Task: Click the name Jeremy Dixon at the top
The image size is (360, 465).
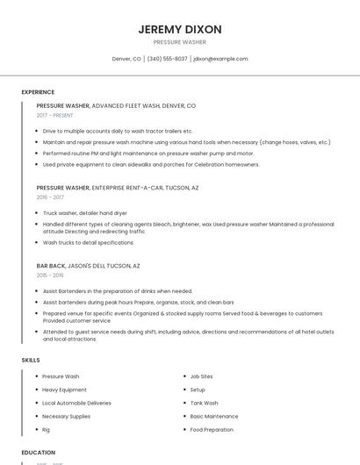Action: tap(179, 29)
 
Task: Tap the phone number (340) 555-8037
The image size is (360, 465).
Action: tap(167, 59)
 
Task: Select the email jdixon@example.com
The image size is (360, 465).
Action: tap(220, 59)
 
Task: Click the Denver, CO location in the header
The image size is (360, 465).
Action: tap(126, 59)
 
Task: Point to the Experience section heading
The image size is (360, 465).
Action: tap(38, 92)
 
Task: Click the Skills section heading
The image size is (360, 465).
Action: tap(31, 360)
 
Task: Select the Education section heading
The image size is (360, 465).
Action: tap(39, 453)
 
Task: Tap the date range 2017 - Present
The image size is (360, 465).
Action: tap(54, 116)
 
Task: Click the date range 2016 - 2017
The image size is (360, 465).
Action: tap(50, 197)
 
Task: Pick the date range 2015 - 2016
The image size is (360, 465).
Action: tap(50, 275)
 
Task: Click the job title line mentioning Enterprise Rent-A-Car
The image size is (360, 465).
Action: tap(117, 188)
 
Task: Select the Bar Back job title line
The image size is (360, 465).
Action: tap(88, 265)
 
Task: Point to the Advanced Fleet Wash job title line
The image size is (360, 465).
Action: tap(115, 105)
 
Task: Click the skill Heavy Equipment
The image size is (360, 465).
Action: tap(64, 390)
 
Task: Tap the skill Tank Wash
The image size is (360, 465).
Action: tap(205, 403)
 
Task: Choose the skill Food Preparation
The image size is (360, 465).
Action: tap(212, 430)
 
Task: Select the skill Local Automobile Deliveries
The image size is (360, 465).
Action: tap(76, 403)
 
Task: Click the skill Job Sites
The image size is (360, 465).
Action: tap(201, 376)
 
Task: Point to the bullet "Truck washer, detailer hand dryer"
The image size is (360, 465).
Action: tap(84, 213)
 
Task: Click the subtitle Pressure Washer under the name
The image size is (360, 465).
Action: tap(179, 42)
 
